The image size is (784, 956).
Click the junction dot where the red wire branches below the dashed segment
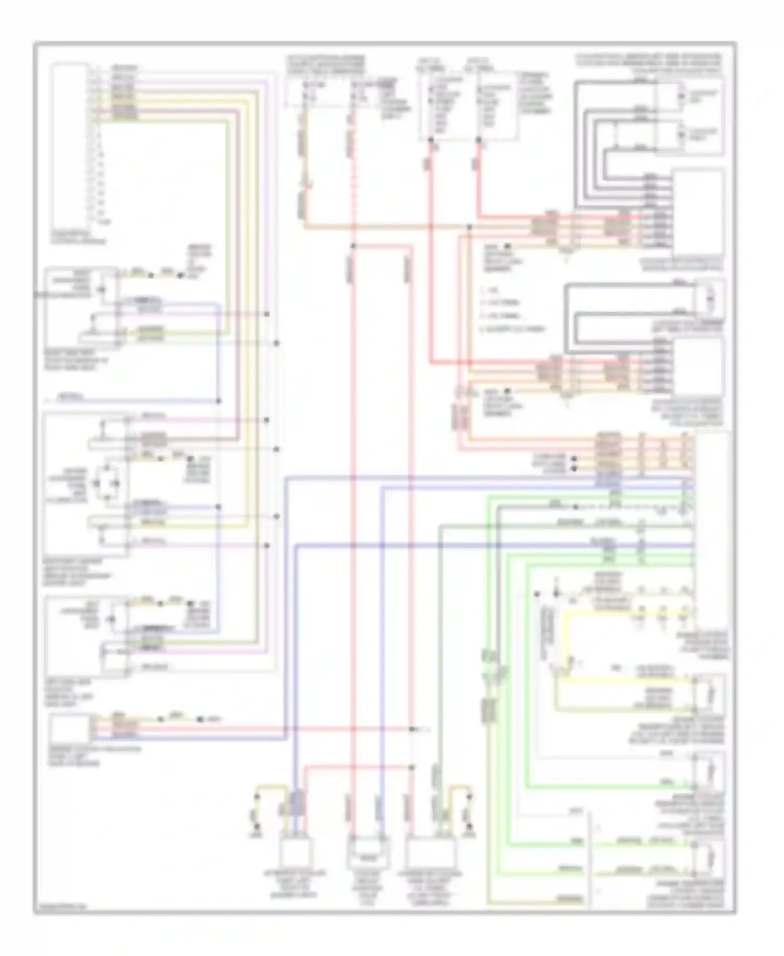coord(354,246)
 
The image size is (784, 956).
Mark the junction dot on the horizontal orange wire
coord(469,226)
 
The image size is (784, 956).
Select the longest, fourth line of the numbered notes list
coord(513,329)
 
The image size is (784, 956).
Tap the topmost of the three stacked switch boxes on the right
coord(709,693)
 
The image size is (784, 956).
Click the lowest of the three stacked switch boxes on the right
coord(709,858)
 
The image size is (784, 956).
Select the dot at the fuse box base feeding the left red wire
coord(431,140)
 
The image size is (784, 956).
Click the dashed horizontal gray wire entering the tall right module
coord(627,507)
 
